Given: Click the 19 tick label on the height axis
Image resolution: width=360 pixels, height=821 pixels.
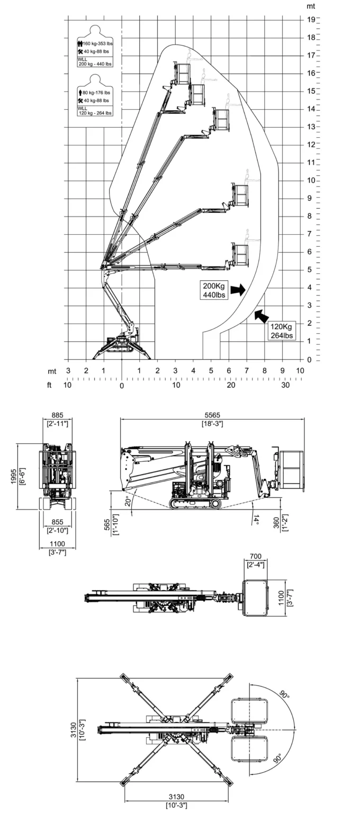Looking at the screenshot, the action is tap(311, 19).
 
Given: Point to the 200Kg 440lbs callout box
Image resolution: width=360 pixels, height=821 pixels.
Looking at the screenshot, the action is tap(214, 290).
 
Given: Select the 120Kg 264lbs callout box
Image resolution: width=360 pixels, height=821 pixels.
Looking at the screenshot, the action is tap(282, 331).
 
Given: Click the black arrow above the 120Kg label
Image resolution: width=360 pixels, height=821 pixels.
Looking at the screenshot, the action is tap(262, 316).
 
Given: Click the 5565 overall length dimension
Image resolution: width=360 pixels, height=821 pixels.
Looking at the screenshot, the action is tap(212, 415).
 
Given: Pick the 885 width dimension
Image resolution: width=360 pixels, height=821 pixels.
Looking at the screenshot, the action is tap(57, 415).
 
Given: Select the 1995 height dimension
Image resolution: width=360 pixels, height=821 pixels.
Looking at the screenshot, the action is tap(14, 477).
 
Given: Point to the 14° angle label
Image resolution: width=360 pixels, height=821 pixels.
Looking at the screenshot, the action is tap(256, 520).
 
